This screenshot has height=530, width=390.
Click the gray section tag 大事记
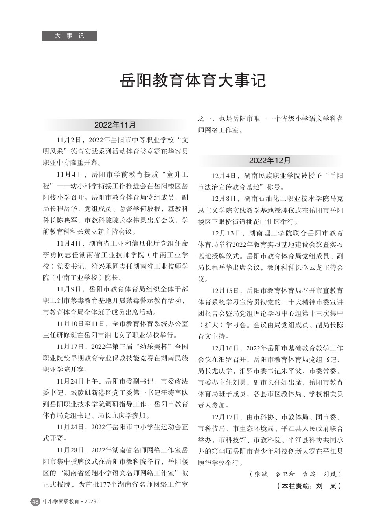pyautogui.click(x=70, y=36)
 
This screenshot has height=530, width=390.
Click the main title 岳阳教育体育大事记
pyautogui.click(x=193, y=81)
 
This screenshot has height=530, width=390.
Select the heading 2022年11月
pyautogui.click(x=115, y=125)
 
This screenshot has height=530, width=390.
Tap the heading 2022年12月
pyautogui.click(x=270, y=161)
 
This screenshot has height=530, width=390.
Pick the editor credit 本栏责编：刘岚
pyautogui.click(x=309, y=486)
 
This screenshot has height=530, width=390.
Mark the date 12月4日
pyautogui.click(x=223, y=175)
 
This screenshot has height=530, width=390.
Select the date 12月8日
pyautogui.click(x=223, y=198)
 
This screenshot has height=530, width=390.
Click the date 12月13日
pyautogui.click(x=225, y=233)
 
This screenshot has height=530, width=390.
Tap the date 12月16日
pyautogui.click(x=225, y=348)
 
